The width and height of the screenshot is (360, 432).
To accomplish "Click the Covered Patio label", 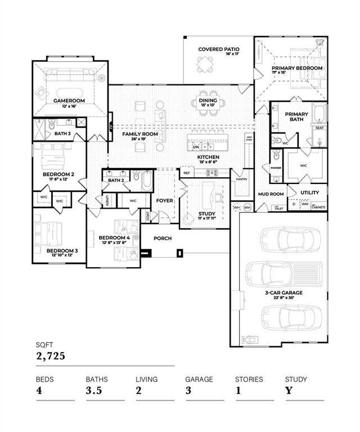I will click(x=218, y=49).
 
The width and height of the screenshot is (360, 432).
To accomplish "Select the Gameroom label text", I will click(x=69, y=101).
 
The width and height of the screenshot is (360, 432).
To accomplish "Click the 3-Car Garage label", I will click(x=284, y=292).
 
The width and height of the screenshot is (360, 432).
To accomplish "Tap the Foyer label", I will click(x=165, y=200).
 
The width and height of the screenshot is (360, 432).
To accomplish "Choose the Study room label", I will click(x=207, y=214).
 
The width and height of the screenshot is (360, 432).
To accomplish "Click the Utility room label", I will click(x=309, y=192).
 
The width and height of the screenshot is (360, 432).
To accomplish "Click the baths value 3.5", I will click(x=93, y=391).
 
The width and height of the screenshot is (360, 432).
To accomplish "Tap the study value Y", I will click(x=288, y=391).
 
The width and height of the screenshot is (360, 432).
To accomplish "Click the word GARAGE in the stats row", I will click(x=199, y=379).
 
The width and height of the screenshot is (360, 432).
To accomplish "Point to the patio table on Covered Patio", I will click(x=204, y=66).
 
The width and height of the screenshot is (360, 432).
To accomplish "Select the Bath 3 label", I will click(x=62, y=134).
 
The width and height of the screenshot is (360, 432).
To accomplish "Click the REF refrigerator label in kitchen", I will click(x=187, y=174).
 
